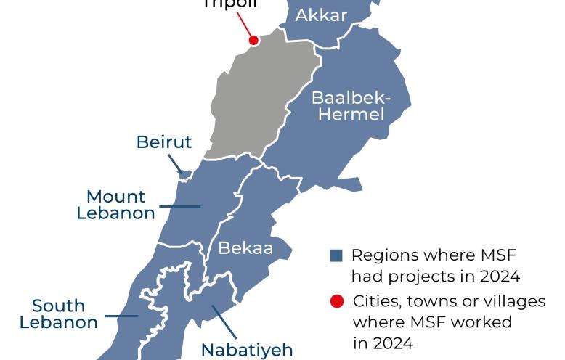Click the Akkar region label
tap(321, 15)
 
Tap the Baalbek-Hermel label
tap(351, 106)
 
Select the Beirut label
tap(164, 142)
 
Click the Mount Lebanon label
tap(116, 205)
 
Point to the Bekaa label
tap(245, 249)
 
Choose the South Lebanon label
tap(59, 314)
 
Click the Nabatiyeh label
tap(247, 349)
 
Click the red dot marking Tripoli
tap(253, 41)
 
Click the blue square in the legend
tap(336, 255)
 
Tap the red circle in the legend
tap(336, 300)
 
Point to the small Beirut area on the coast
tap(184, 174)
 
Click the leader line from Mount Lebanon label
tap(180, 206)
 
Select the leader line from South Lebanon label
tap(121, 315)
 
